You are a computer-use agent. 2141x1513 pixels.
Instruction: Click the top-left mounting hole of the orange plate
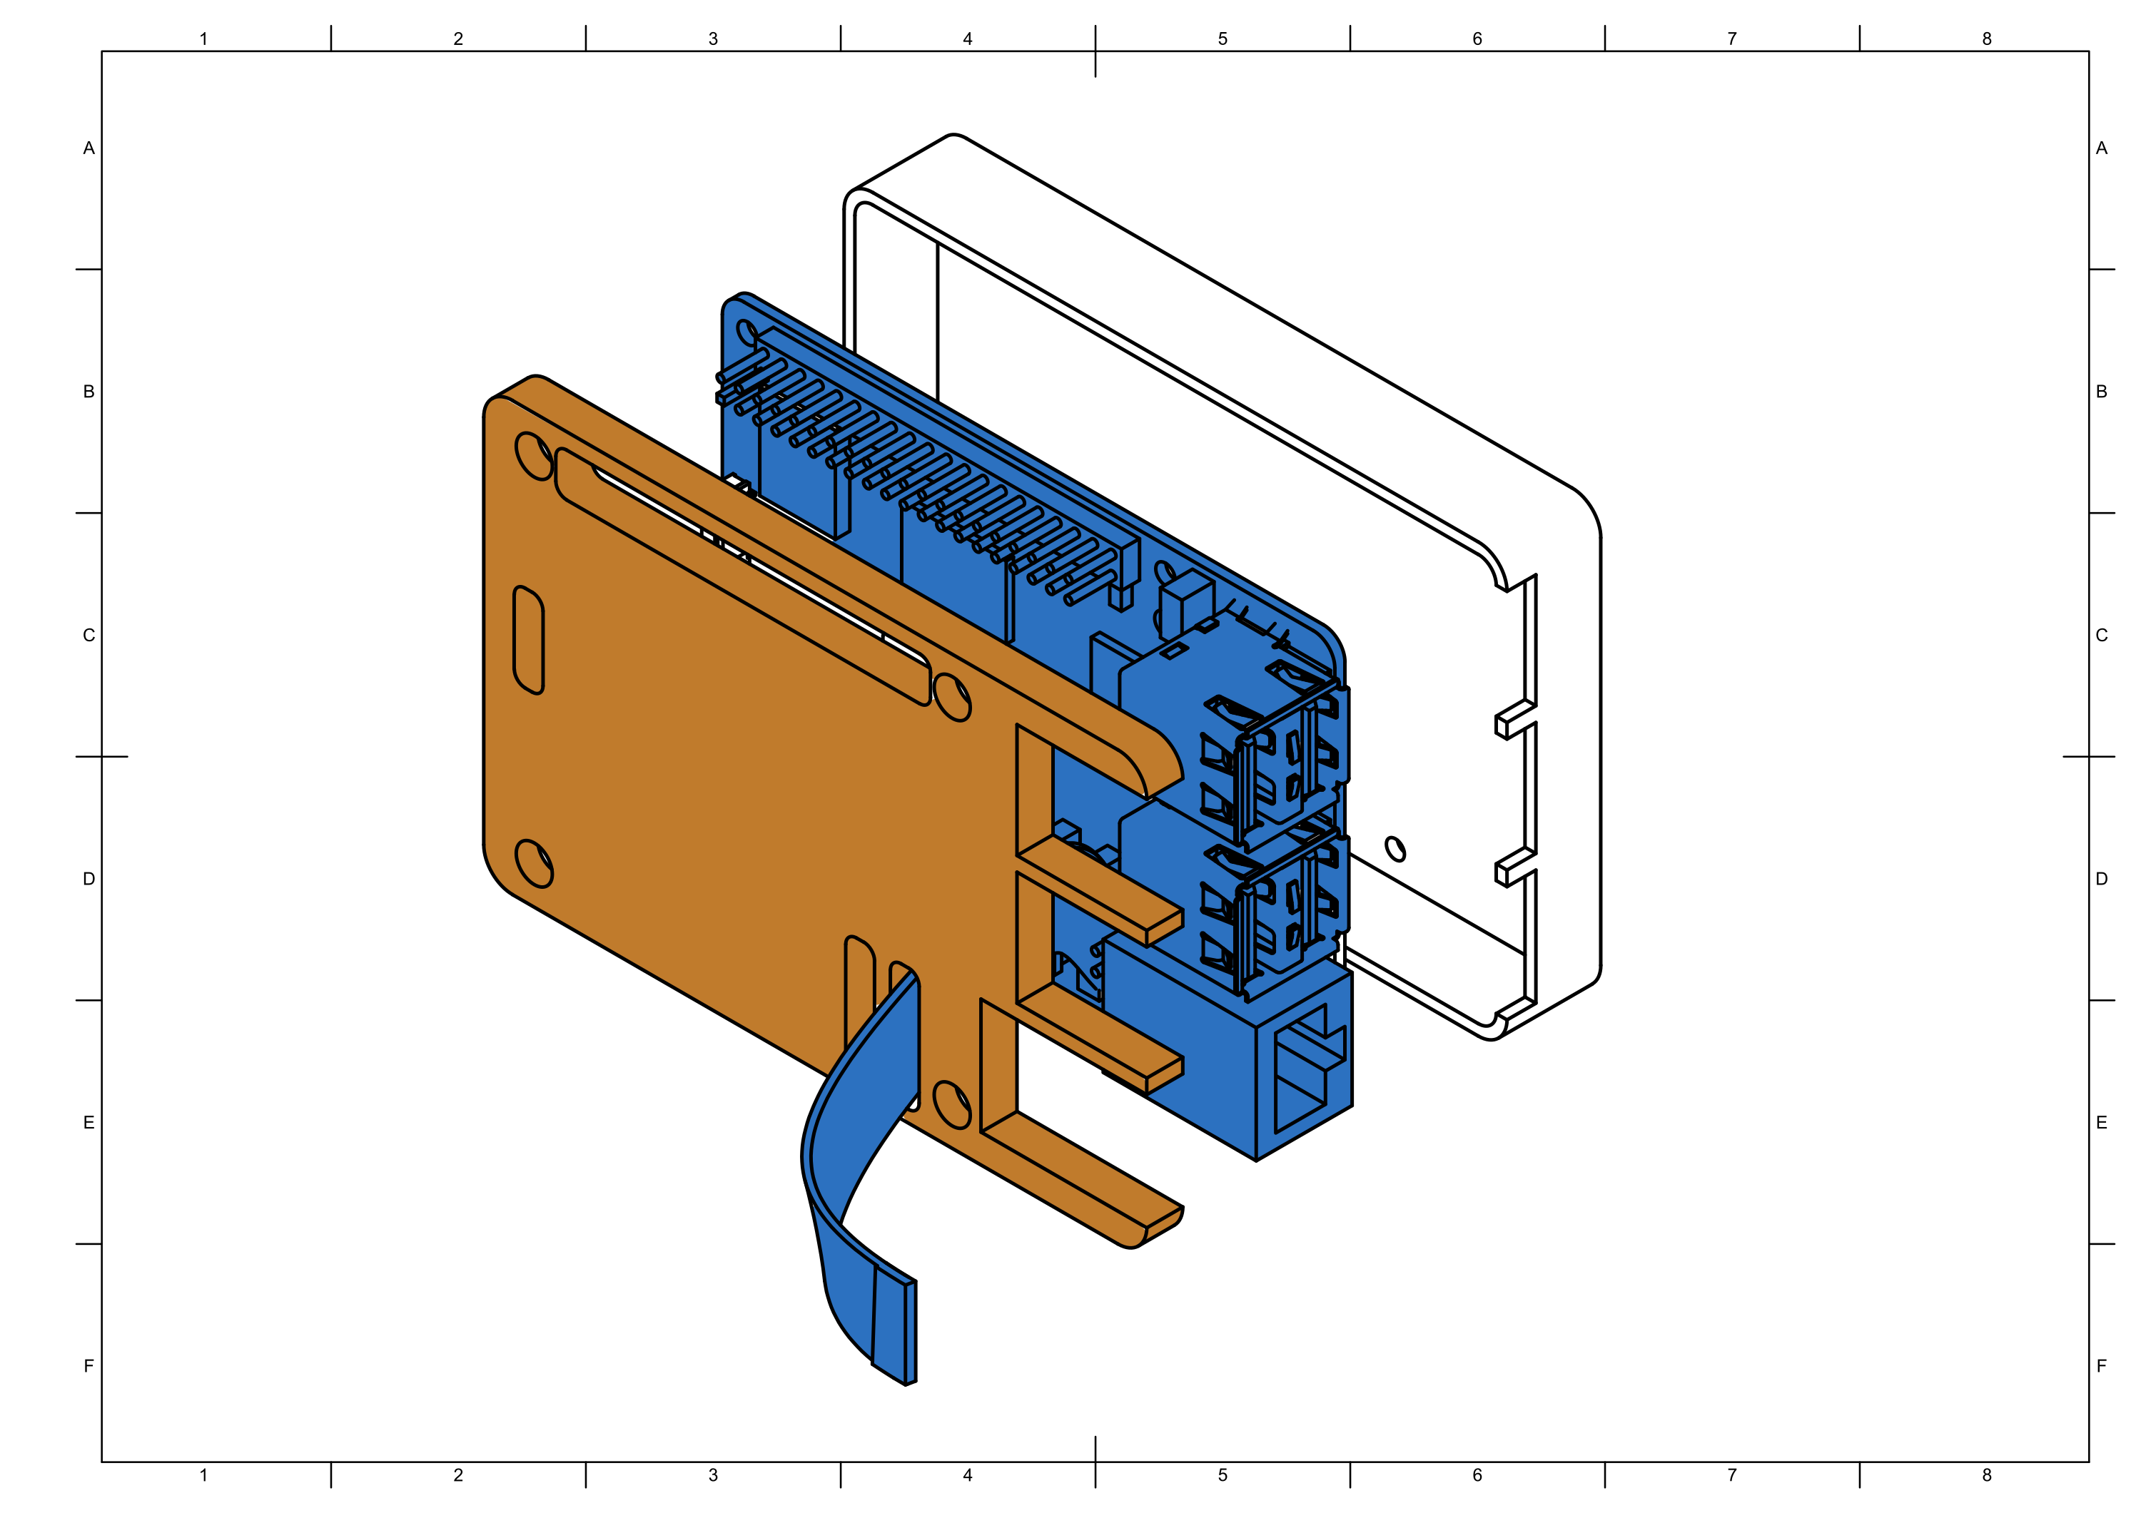click(532, 456)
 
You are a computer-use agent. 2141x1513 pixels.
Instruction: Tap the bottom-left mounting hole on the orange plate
click(533, 863)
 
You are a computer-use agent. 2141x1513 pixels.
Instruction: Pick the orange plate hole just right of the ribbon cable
click(951, 1105)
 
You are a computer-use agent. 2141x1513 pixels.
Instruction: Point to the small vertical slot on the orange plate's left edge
click(529, 639)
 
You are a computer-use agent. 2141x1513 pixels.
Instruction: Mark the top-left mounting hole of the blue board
click(746, 332)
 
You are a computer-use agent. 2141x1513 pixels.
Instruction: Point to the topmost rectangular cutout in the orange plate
click(1035, 793)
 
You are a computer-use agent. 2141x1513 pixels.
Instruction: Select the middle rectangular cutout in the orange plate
click(1035, 937)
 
